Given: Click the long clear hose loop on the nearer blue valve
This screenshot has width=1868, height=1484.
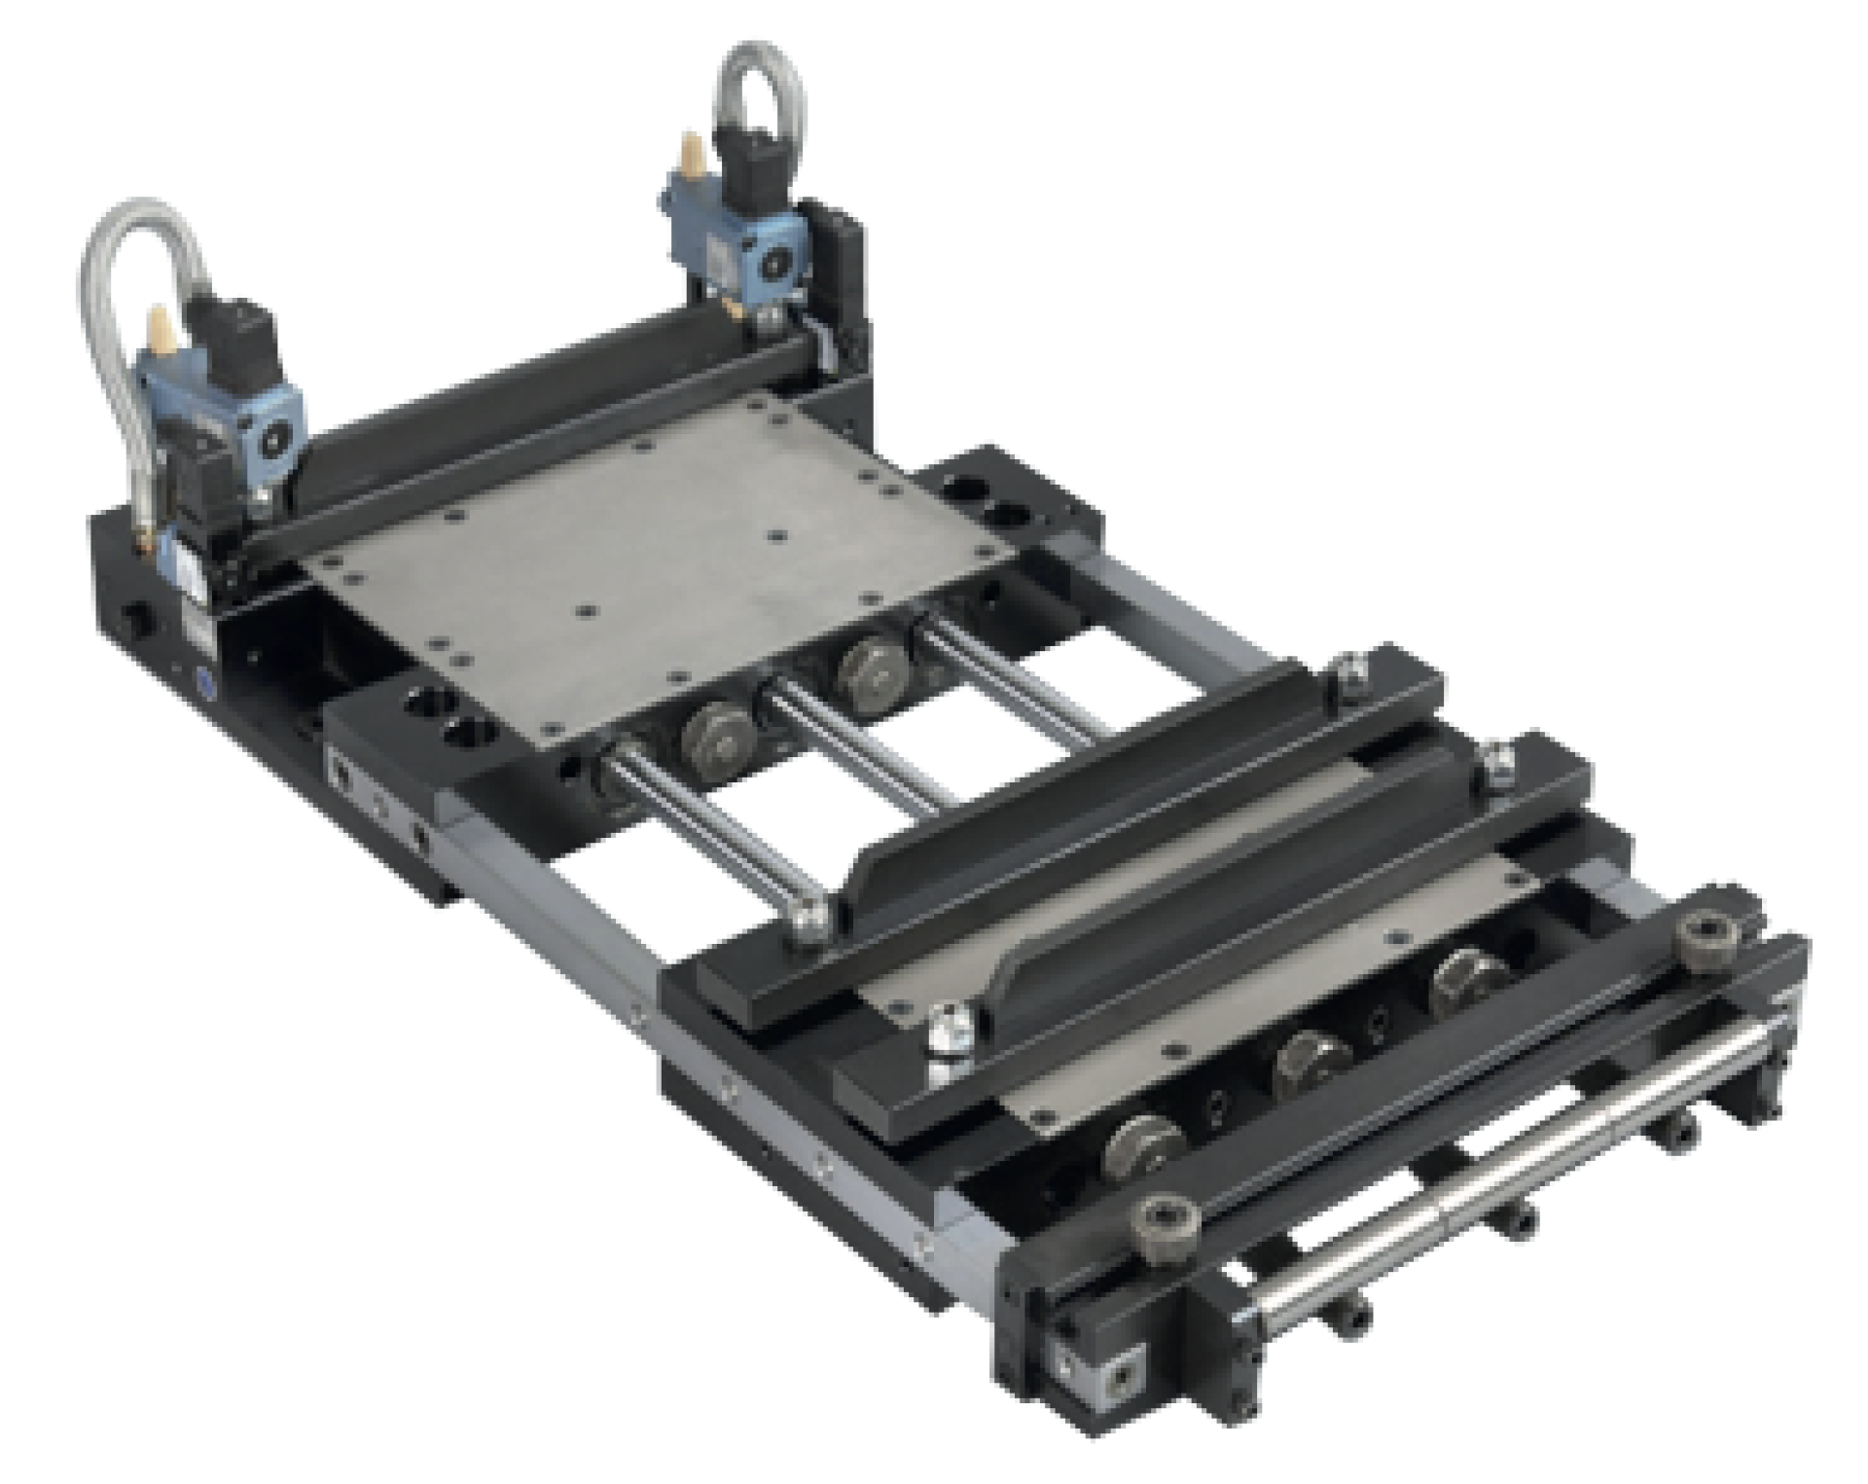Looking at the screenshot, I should click(x=117, y=321).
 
